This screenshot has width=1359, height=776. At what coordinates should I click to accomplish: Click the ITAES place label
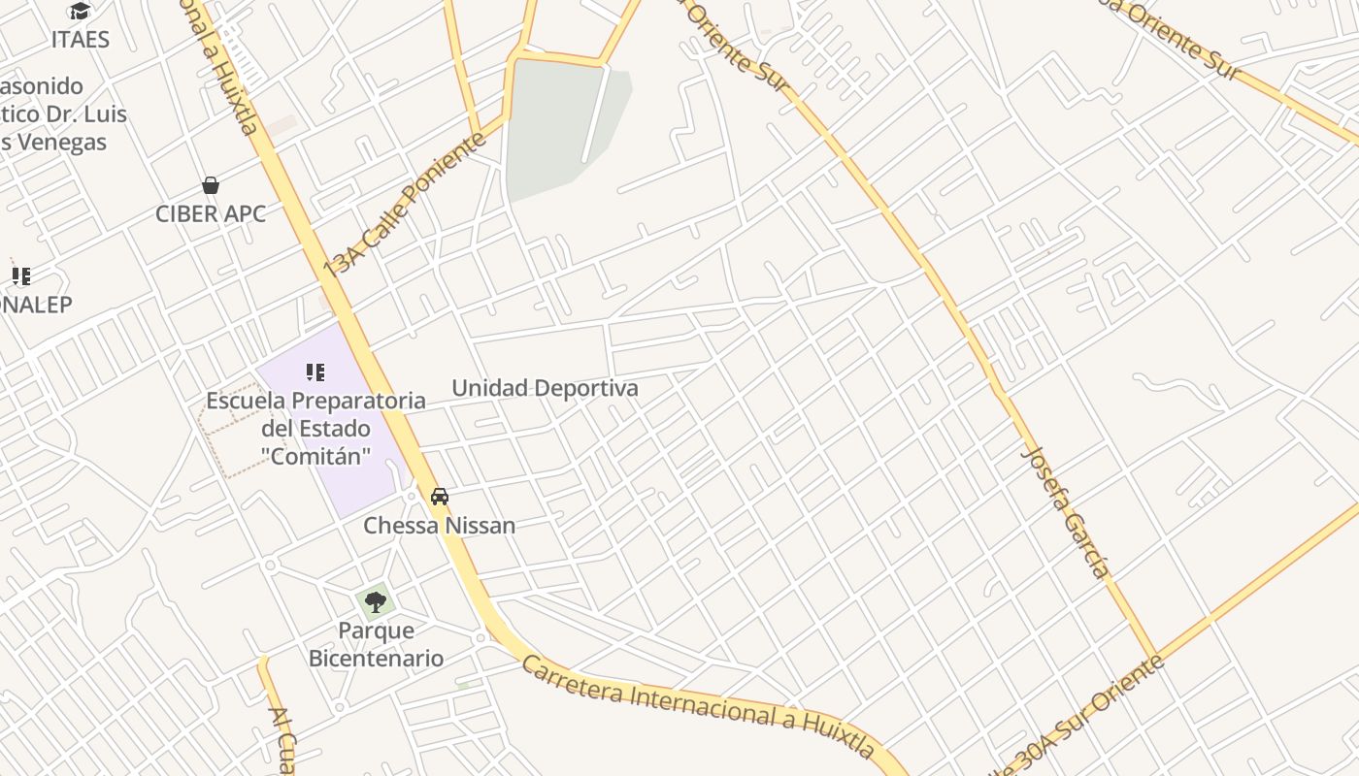coord(81,40)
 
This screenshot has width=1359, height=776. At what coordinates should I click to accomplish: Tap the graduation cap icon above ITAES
coord(81,12)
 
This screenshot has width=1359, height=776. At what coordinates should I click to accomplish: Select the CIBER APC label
coord(211,213)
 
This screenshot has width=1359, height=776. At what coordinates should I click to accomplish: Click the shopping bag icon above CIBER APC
coord(211,185)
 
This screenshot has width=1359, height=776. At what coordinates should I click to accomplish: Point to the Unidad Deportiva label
coord(546,389)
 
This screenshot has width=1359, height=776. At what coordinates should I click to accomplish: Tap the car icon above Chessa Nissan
coord(440,497)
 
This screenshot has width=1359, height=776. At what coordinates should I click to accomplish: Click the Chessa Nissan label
coord(440,526)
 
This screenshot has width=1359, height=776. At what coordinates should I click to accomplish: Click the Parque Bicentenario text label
coord(376,645)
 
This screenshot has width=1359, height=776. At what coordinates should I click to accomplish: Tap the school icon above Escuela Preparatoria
coord(315,372)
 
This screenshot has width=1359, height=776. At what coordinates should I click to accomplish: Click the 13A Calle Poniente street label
coord(405,206)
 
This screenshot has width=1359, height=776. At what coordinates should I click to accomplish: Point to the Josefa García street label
coord(1066,512)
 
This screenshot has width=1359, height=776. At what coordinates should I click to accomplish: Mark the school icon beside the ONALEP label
coord(21,276)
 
